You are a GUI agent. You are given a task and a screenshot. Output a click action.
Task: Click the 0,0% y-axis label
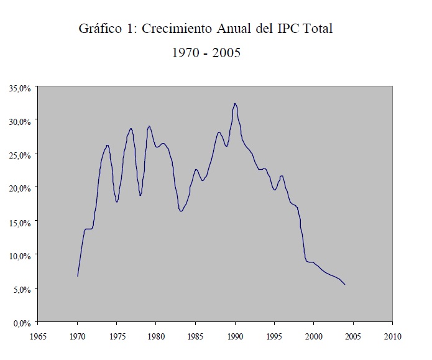tap(21, 323)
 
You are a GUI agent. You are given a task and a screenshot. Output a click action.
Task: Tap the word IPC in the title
tap(290, 29)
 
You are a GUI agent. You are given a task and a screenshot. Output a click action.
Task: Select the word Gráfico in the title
tap(99, 29)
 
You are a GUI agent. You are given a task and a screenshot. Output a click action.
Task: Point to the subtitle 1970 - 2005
tap(206, 53)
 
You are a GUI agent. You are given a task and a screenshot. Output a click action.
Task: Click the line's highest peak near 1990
tap(235, 103)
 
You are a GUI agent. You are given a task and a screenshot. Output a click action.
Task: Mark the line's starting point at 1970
tap(78, 276)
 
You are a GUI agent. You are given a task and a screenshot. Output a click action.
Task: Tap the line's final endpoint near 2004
tap(345, 285)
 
